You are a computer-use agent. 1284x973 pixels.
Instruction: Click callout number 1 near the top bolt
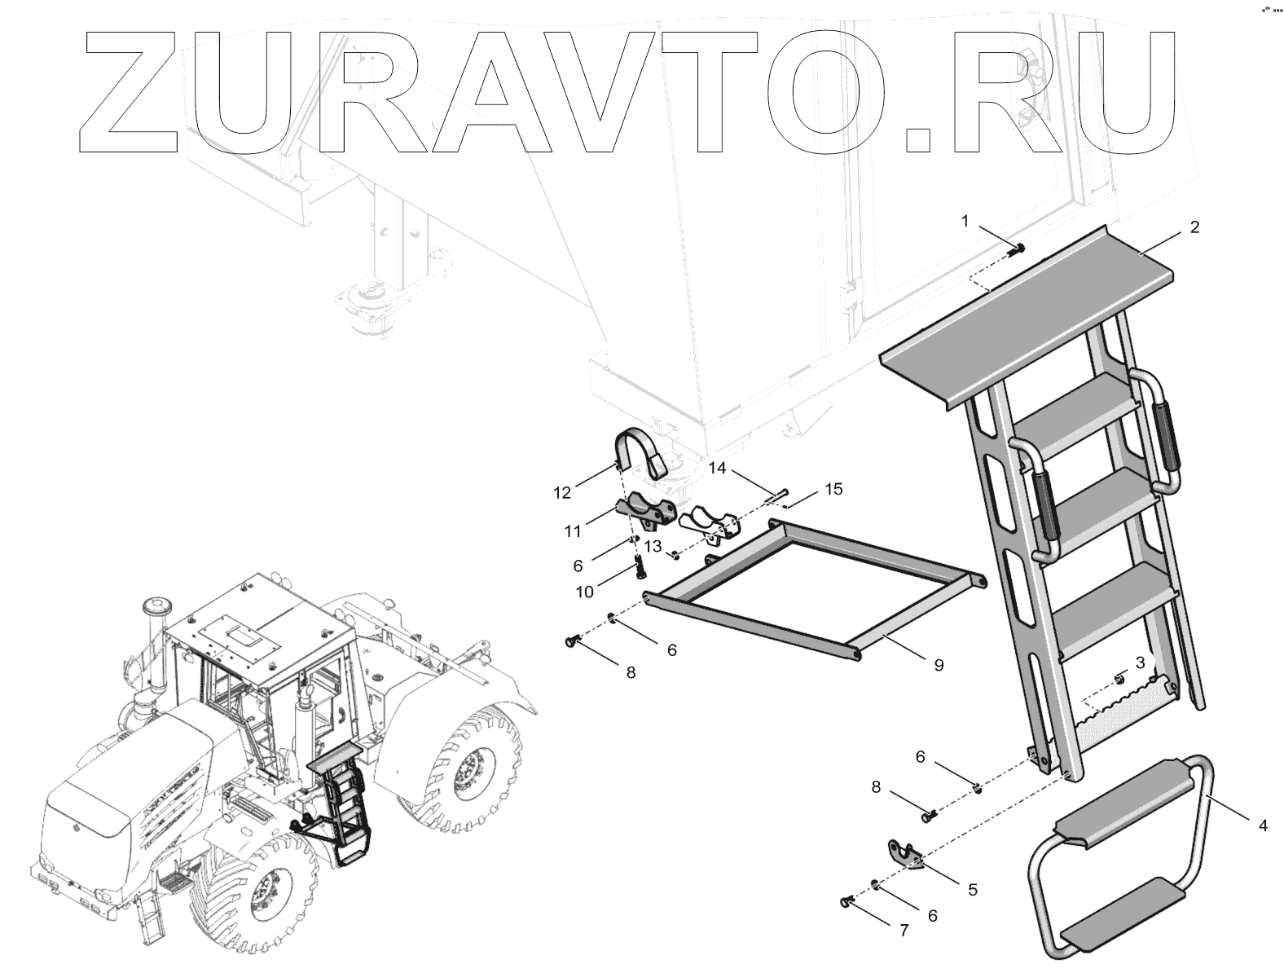tap(965, 221)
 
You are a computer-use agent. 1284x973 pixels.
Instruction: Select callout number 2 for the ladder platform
tap(1194, 227)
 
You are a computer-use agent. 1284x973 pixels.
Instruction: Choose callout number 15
tap(833, 490)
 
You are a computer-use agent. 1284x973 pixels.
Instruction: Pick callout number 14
tap(716, 468)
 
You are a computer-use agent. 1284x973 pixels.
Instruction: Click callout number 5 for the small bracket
tap(972, 890)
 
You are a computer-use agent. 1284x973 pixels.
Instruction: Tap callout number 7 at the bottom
tap(904, 931)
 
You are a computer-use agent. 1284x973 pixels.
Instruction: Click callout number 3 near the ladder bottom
tap(1140, 662)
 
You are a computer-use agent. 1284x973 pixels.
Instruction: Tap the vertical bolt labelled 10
tap(638, 564)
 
